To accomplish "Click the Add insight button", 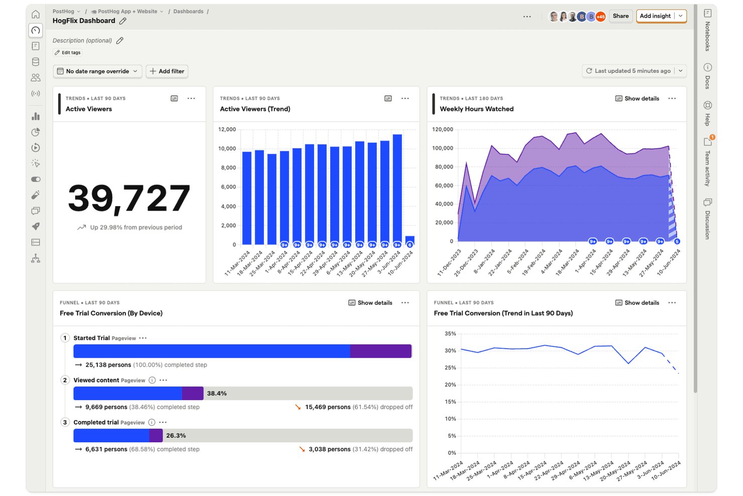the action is coord(655,16).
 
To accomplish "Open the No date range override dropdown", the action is coord(97,71).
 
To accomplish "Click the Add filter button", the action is coord(167,71).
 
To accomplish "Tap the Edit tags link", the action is coord(68,52).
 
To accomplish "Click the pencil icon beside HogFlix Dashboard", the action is coord(122,21).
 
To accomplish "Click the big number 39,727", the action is coord(129,198).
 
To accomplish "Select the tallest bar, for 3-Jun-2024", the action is coord(397,189).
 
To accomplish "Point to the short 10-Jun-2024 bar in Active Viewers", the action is coord(410,240).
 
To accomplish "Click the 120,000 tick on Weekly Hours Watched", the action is coord(442,130).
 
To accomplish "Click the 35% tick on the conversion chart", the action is coord(450,334).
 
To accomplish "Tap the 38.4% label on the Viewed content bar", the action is coord(216,393).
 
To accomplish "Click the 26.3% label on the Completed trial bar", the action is coord(176,436).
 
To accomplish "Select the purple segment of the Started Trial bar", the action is coord(381,351).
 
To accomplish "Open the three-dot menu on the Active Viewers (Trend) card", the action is coord(405,98).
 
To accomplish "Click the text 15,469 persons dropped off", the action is coord(358,407).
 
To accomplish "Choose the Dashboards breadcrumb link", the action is coord(188,11).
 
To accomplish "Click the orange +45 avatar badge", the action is coord(600,17).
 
